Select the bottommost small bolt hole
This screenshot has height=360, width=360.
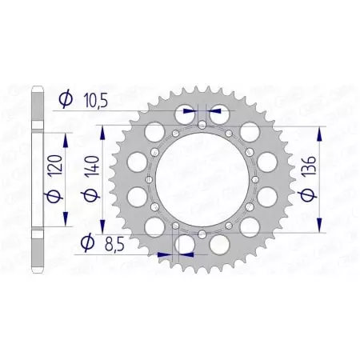(202, 233)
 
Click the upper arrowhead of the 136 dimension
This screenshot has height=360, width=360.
(320, 129)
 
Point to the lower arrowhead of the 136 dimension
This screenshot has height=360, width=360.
(320, 227)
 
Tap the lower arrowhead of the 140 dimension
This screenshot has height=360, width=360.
(102, 230)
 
